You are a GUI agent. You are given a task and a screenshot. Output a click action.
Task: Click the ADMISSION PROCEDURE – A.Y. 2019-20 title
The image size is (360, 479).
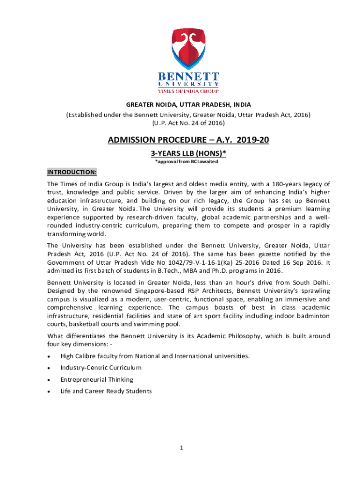pos(188,140)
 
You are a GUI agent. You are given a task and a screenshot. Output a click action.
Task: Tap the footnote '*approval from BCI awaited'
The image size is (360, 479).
pos(187,162)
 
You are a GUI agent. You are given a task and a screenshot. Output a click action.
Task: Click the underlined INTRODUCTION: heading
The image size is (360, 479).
pos(72,172)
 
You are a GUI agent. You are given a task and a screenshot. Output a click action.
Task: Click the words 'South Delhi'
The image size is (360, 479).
pos(311,282)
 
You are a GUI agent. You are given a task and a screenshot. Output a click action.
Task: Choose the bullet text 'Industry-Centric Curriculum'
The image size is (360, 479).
pos(101,368)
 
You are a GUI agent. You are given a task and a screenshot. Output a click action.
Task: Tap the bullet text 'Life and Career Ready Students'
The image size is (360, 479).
pos(106,391)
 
